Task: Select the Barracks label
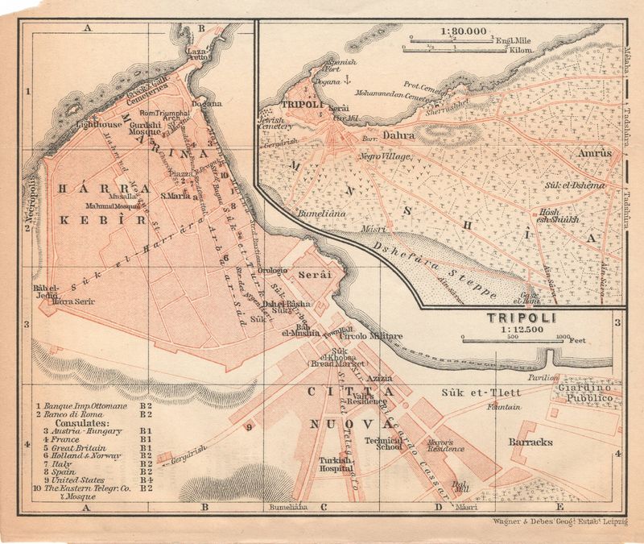pyautogui.click(x=531, y=442)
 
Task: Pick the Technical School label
pyautogui.click(x=383, y=445)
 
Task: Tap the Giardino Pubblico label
pyautogui.click(x=584, y=393)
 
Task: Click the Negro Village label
pyautogui.click(x=386, y=156)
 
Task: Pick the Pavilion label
pyautogui.click(x=543, y=376)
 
